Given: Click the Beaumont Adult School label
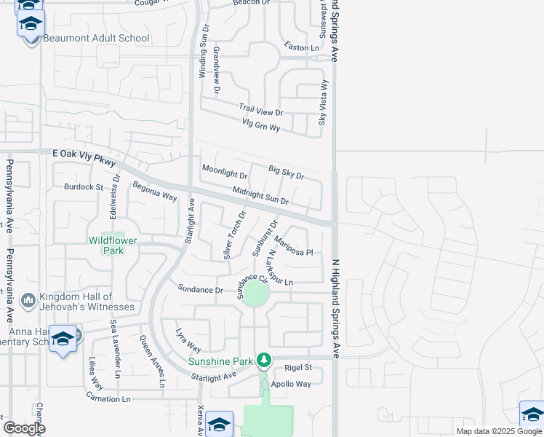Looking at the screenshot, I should (x=96, y=38).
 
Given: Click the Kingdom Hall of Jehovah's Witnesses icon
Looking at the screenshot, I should (x=28, y=300).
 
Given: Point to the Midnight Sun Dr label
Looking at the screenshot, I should (x=260, y=196).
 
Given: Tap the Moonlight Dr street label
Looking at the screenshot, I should (x=224, y=173).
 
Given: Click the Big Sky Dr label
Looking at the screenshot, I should (x=286, y=173).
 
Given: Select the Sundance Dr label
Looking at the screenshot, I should (x=201, y=289).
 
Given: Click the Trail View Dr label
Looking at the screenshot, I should (x=260, y=110).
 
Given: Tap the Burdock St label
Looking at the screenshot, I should (x=83, y=187).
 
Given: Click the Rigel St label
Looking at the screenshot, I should (x=298, y=368).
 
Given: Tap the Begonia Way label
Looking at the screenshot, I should (x=154, y=191).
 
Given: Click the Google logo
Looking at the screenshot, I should (x=24, y=428).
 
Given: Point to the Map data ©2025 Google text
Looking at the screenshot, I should (x=499, y=431).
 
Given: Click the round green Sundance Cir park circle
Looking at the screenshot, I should (x=255, y=295).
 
